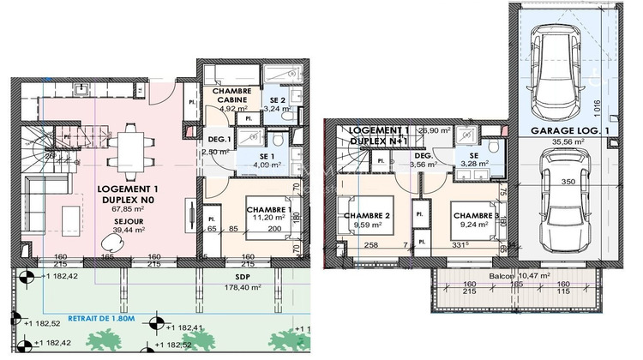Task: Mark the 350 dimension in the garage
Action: point(567,182)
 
